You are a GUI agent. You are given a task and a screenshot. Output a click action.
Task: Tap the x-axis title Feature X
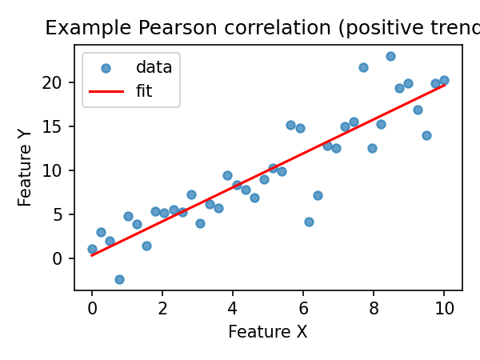tap(267, 332)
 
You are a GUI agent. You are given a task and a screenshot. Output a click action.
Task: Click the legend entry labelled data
tap(154, 68)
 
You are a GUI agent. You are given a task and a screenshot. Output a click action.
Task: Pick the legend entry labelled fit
tap(144, 91)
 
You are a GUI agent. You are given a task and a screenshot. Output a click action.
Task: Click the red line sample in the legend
tap(106, 91)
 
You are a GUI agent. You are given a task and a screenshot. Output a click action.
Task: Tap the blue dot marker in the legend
tap(106, 69)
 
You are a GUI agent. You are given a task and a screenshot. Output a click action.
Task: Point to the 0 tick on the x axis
tap(92, 309)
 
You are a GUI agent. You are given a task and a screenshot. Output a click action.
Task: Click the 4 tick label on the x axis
tap(233, 309)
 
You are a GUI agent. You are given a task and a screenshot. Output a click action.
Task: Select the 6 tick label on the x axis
tap(303, 309)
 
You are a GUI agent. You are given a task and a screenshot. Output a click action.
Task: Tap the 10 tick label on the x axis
tap(444, 309)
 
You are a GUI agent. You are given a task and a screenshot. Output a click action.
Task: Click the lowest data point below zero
tap(119, 279)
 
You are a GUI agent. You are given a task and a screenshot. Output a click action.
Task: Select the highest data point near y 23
tap(390, 56)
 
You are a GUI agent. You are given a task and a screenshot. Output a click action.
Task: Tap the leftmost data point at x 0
tap(92, 249)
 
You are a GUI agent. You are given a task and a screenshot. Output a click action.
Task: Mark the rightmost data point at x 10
tap(444, 80)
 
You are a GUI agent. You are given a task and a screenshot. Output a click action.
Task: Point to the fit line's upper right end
tap(444, 84)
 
